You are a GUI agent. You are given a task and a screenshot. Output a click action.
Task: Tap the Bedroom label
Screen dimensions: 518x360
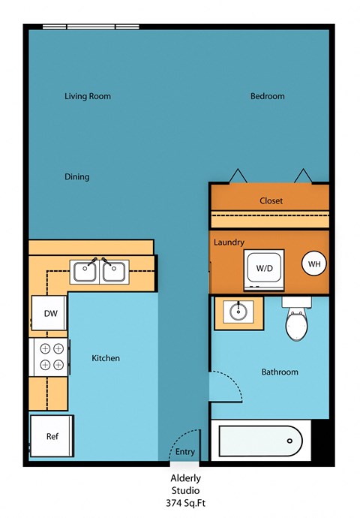coord(267,96)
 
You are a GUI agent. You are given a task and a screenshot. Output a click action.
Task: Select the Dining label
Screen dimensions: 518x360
coord(76,177)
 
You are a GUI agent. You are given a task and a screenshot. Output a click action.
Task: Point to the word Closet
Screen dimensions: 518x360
coord(270,200)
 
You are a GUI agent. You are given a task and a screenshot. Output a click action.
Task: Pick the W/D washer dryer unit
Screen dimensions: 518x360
coord(264,268)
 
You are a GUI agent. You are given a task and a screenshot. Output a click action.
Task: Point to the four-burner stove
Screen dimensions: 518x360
coord(50,357)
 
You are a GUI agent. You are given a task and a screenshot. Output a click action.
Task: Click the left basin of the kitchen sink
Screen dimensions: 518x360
coord(84,271)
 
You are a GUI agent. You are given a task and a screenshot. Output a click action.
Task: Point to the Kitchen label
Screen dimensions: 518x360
coord(106,358)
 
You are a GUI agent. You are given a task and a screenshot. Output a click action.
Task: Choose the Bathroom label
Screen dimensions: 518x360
coord(280,372)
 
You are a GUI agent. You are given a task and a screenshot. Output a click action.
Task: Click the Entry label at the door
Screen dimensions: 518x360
coord(184,452)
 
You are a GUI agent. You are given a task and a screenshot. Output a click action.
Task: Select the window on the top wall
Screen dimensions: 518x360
coord(91,27)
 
